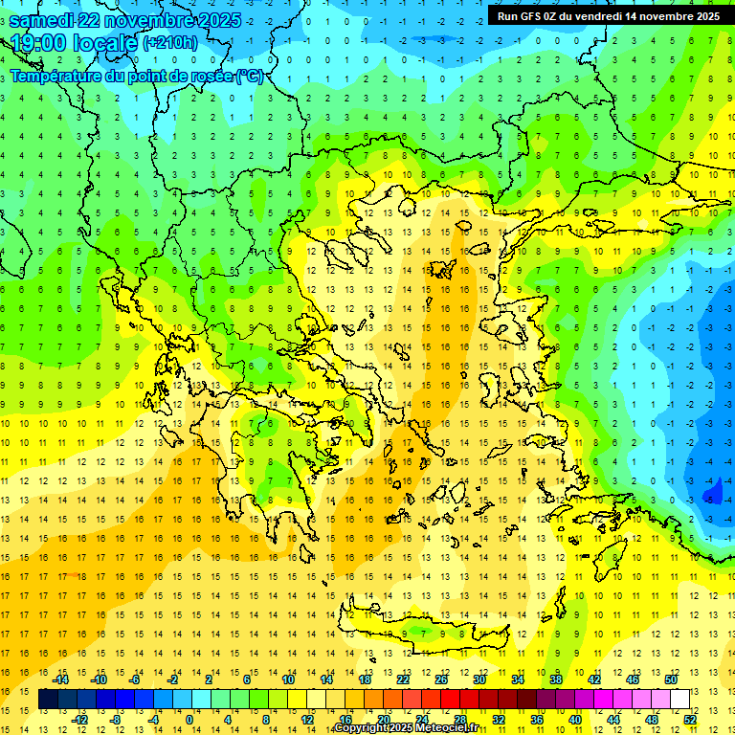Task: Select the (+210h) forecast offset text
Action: (x=170, y=42)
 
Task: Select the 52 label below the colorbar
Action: (x=689, y=719)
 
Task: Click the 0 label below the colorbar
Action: (x=189, y=719)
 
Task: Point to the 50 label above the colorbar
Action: (x=670, y=679)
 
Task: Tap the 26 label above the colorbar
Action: (x=440, y=679)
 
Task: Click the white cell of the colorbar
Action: (x=679, y=700)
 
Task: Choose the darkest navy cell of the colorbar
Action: (x=48, y=700)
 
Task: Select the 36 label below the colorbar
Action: (x=536, y=719)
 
